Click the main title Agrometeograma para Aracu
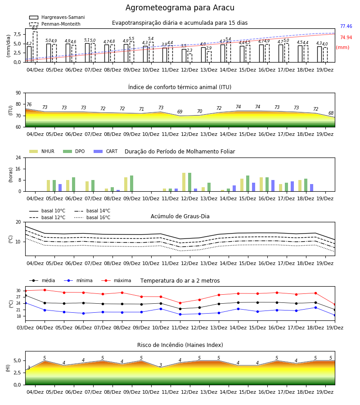click(x=180, y=8)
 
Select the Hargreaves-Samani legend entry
click(x=57, y=17)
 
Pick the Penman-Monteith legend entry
click(x=55, y=24)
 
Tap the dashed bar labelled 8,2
click(x=35, y=47)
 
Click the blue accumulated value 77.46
click(x=346, y=27)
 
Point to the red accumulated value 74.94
click(x=346, y=38)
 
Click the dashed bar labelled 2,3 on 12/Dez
click(x=190, y=58)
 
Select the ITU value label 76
click(x=29, y=104)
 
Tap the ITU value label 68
click(x=331, y=113)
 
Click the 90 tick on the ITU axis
click(x=18, y=93)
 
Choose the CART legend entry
click(x=106, y=151)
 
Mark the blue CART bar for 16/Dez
click(x=273, y=186)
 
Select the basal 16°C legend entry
click(x=92, y=217)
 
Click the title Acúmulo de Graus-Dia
click(x=180, y=216)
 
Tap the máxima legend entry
click(x=116, y=280)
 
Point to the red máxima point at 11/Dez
click(x=180, y=303)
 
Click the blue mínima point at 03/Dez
click(x=25, y=303)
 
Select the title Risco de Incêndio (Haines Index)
click(x=180, y=345)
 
